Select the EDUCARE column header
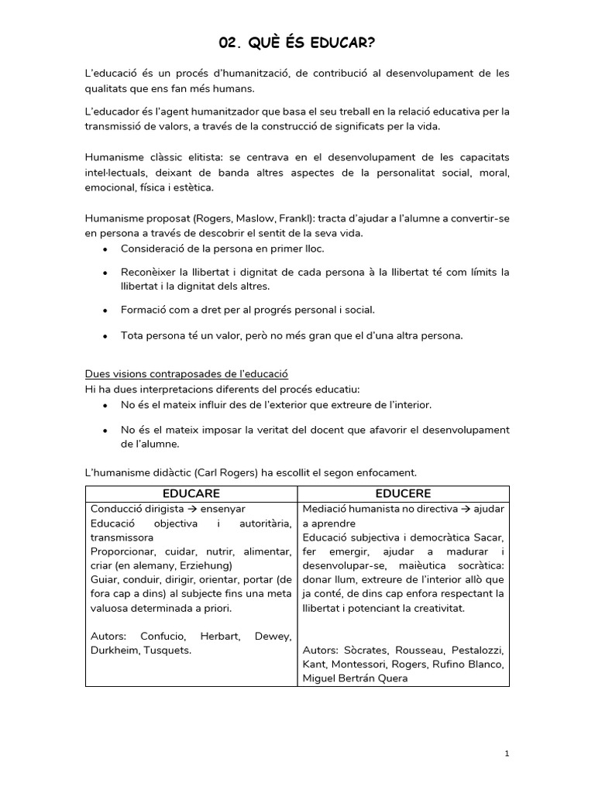click(191, 493)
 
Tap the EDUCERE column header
click(403, 493)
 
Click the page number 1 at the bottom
click(506, 754)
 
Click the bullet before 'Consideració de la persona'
click(105, 249)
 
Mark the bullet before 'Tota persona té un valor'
click(105, 336)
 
